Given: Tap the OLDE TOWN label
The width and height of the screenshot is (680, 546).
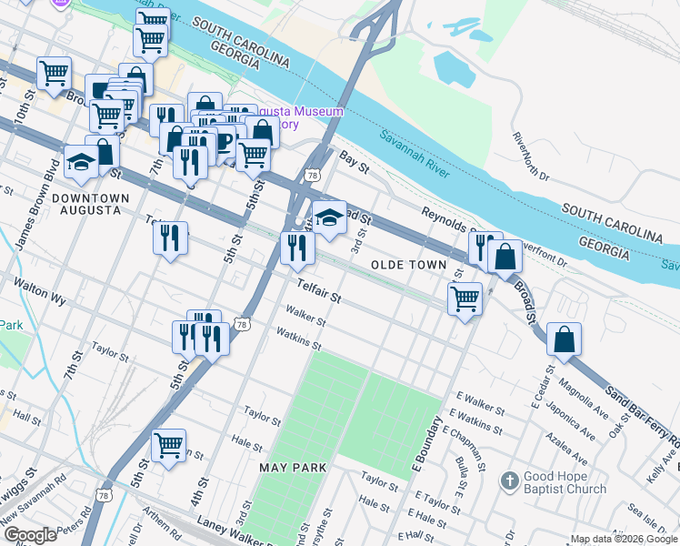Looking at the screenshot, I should pyautogui.click(x=408, y=265).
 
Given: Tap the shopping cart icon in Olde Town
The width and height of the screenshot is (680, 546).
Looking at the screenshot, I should pyautogui.click(x=465, y=298).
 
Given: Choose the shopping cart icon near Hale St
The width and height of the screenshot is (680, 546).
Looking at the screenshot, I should pyautogui.click(x=169, y=446).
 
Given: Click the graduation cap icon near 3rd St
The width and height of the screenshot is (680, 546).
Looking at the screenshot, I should pyautogui.click(x=329, y=217).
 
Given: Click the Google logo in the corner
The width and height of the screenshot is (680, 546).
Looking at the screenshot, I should pyautogui.click(x=29, y=534).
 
